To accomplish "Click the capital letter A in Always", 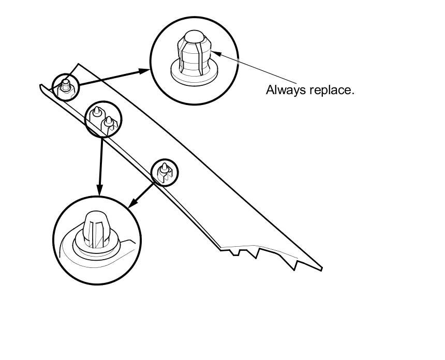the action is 270,89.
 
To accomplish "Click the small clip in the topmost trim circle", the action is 66,85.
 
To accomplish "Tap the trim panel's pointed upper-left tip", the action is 40,85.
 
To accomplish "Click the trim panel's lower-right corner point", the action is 322,268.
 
